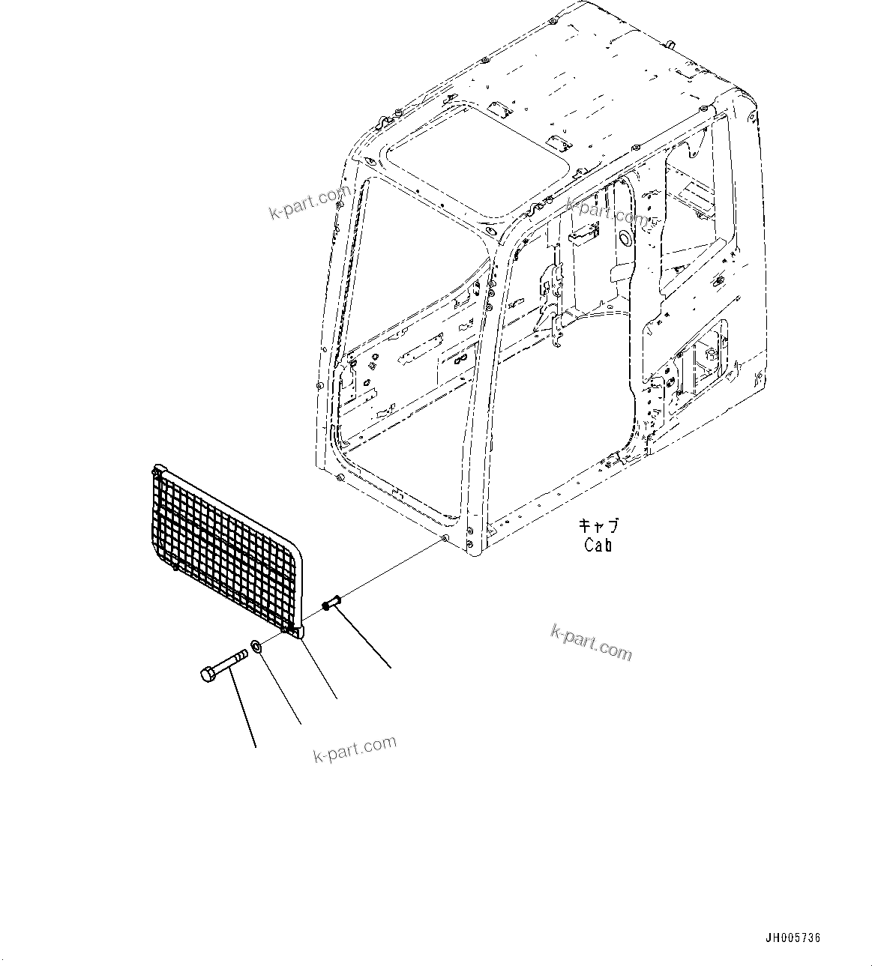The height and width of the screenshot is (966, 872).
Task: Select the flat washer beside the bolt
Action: point(256,645)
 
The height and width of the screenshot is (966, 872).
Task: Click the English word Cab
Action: point(598,545)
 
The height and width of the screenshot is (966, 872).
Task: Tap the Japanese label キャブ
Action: point(599,525)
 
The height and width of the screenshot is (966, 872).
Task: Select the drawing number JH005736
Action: point(793,938)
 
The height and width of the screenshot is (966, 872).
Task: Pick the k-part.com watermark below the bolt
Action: point(355,748)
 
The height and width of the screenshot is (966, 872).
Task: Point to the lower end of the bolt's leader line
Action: point(256,746)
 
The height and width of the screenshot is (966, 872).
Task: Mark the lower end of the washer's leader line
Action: point(301,723)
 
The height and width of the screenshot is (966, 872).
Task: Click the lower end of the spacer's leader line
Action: point(391,666)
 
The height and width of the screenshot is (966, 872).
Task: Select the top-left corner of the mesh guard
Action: point(156,471)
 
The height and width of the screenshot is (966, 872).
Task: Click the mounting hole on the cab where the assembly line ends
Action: point(445,539)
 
